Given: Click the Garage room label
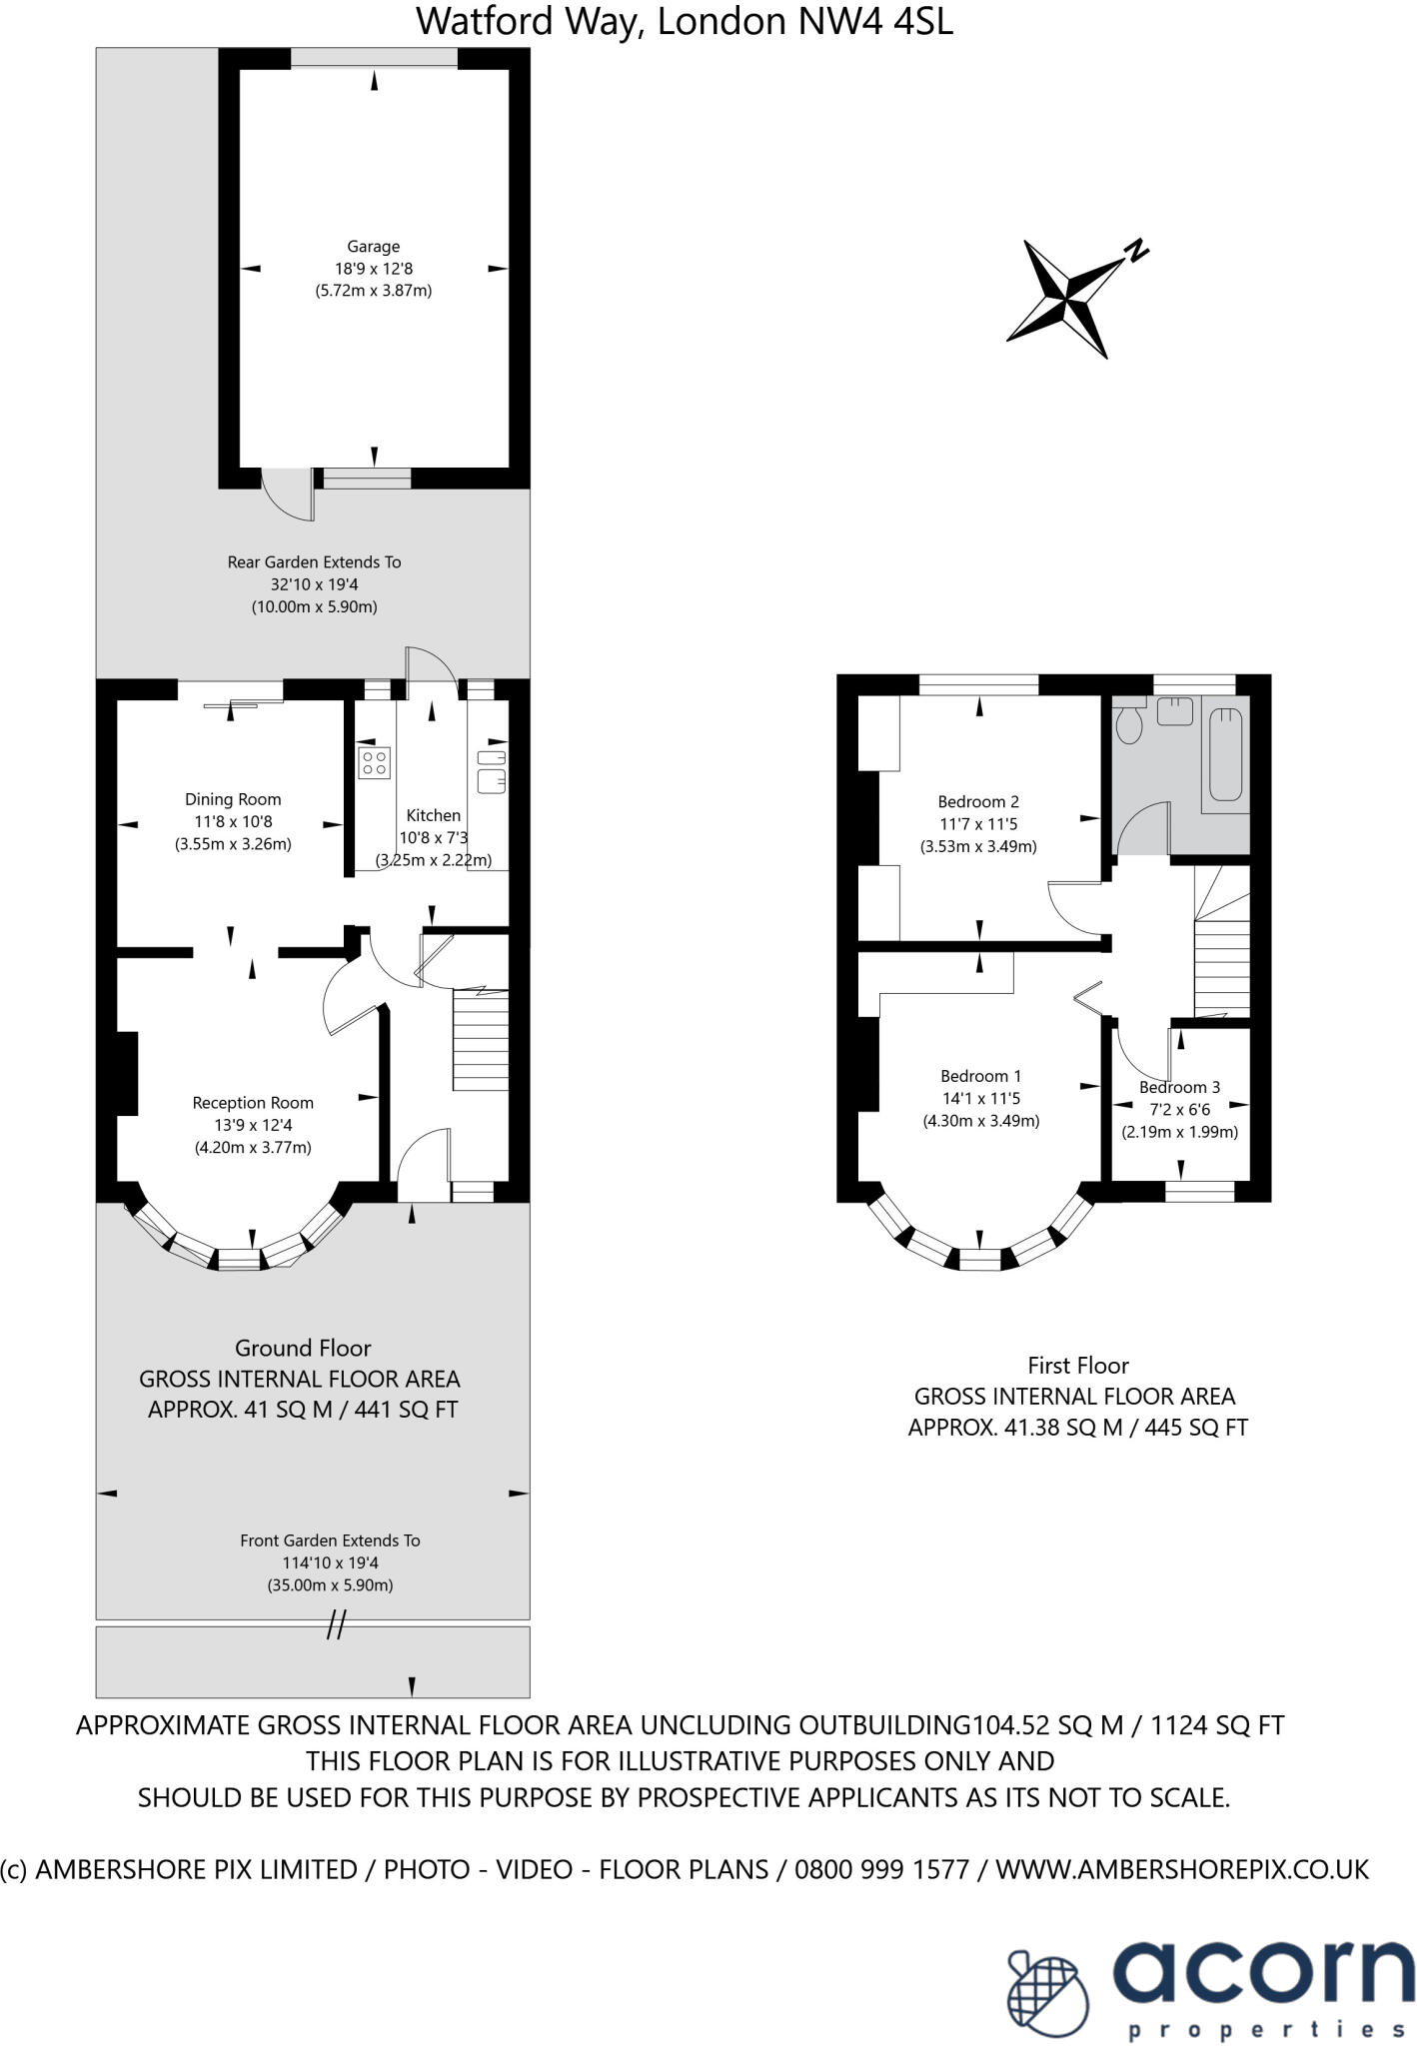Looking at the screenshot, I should pos(373,247).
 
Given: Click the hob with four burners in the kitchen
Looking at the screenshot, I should pos(375,763).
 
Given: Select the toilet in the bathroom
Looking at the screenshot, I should pos(1130,724).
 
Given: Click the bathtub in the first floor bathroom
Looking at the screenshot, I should pos(1226,754).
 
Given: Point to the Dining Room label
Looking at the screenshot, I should pos(233,799).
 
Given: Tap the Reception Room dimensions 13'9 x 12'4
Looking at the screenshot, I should pos(252,1125).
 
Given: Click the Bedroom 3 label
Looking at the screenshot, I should pos(1179,1087).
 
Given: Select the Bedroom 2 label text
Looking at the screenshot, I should pos(978,801).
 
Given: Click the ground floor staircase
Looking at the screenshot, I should pos(481,1039).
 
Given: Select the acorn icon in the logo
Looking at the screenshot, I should pos(1049,1988).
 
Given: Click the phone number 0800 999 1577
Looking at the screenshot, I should pos(881,1869).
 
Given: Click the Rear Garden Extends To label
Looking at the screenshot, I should pos(314,562).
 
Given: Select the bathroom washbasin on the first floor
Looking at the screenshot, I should pos(1175,712).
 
